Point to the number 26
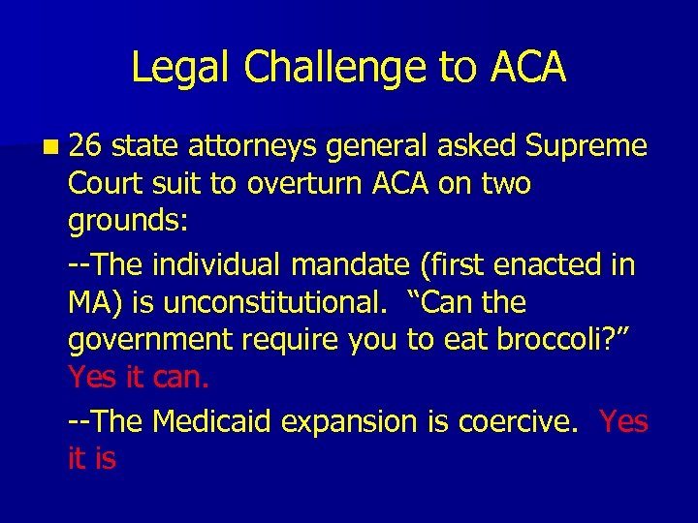click(86, 146)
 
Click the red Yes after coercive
click(623, 421)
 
